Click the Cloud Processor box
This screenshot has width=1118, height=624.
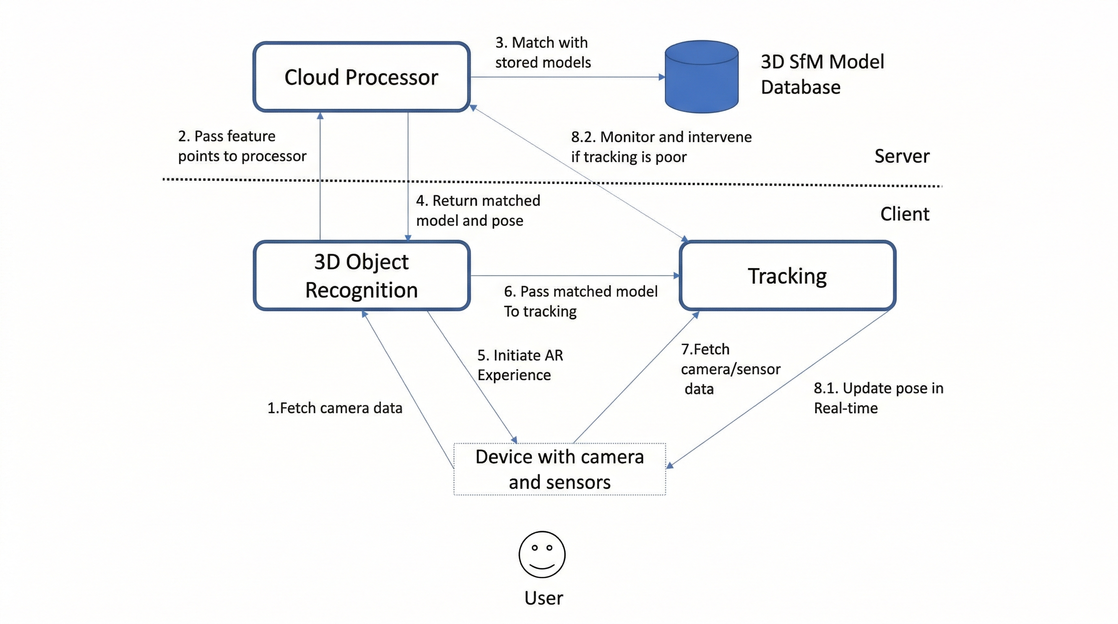click(x=361, y=77)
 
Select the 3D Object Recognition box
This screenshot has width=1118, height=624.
click(x=361, y=275)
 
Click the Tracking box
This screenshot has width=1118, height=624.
click(x=787, y=275)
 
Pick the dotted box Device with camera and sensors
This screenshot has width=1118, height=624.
click(x=559, y=469)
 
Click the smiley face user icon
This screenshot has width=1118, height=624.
click(x=542, y=554)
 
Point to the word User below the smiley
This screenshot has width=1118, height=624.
click(x=544, y=598)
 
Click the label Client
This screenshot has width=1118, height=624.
click(x=904, y=214)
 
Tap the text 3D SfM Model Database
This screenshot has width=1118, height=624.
click(x=821, y=74)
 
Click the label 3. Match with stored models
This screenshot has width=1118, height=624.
click(x=542, y=52)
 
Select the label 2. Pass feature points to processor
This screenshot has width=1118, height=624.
click(x=242, y=146)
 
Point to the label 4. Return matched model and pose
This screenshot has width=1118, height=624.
click(x=477, y=210)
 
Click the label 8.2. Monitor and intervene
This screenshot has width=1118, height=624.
click(x=661, y=147)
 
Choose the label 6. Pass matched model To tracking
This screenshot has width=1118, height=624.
click(x=580, y=301)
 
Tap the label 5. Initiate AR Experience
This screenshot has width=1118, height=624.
click(x=520, y=364)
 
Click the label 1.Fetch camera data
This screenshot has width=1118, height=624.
click(x=335, y=408)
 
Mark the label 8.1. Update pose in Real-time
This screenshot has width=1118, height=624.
click(x=878, y=397)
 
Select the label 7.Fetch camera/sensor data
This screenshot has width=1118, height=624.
click(x=730, y=369)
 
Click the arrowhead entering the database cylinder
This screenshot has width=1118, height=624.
click(x=661, y=77)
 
